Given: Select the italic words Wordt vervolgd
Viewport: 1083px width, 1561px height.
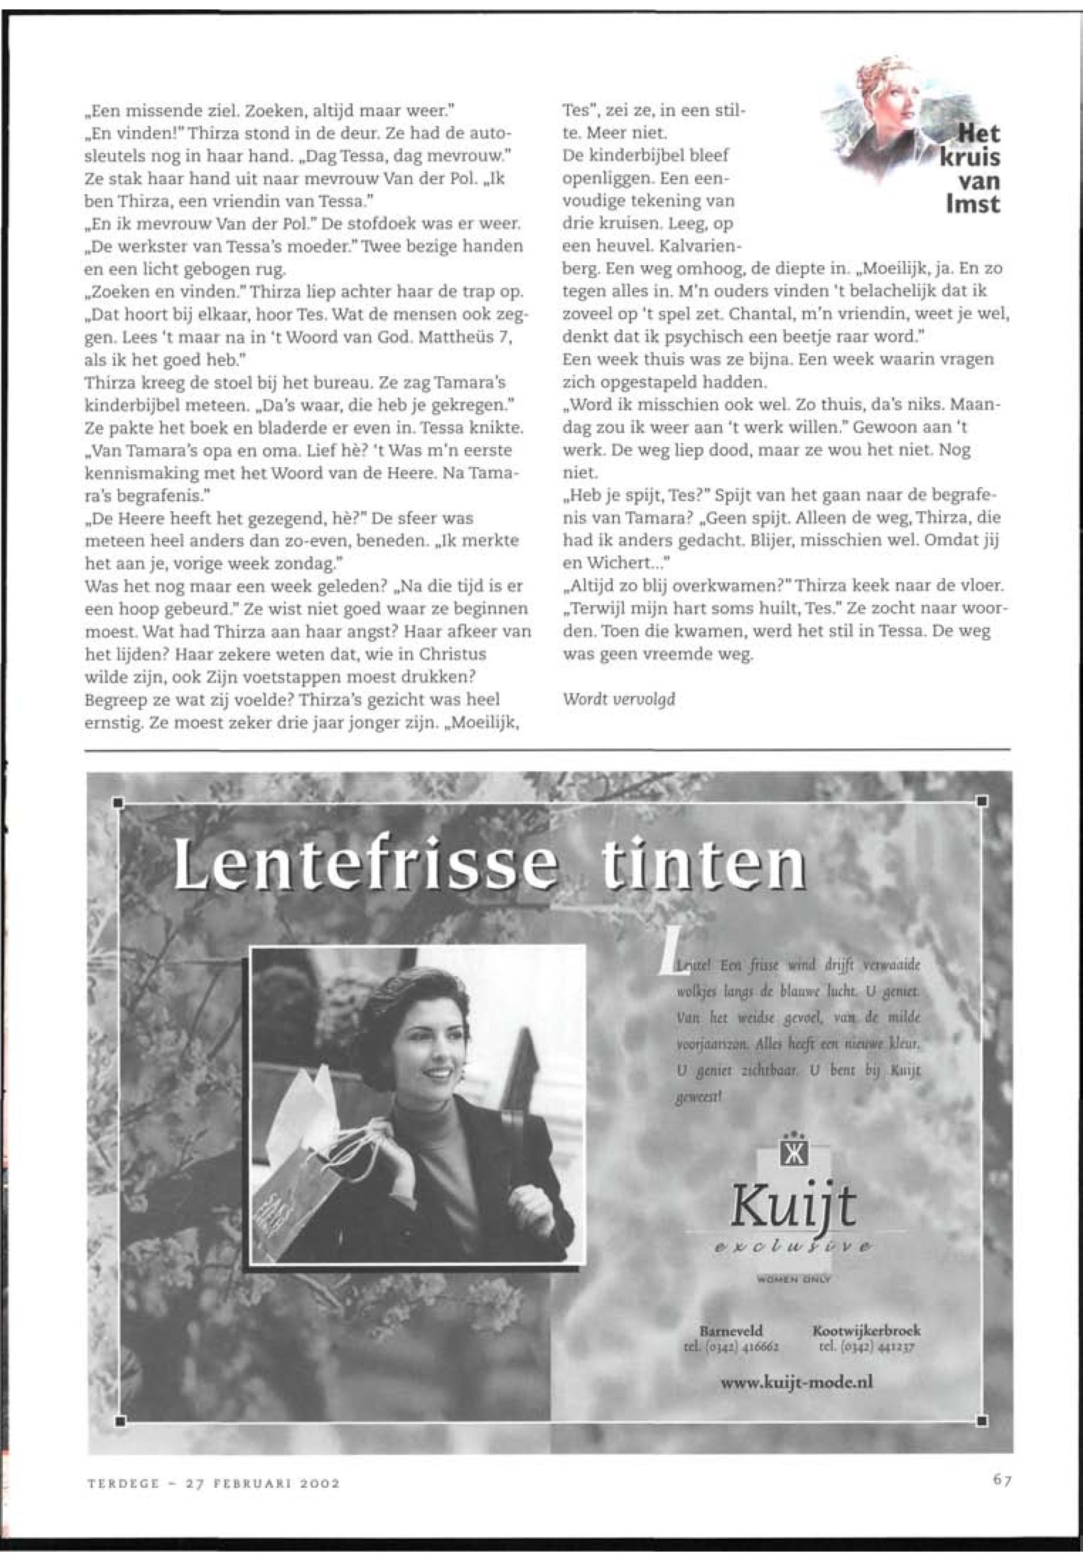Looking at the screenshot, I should (619, 700).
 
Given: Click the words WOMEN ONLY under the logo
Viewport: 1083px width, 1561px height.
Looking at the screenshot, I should (793, 1279).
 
